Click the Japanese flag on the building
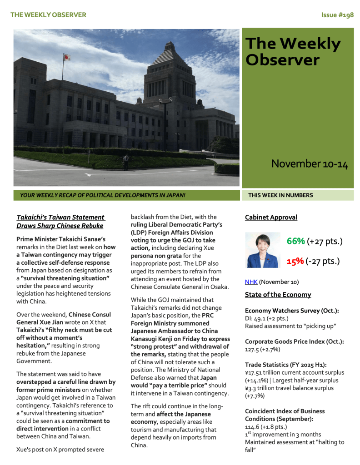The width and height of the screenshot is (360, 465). point(67,57)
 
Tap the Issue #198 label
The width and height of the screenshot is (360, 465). point(337,15)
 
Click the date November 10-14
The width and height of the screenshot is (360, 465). point(310,164)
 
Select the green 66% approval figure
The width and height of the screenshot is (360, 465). point(295,241)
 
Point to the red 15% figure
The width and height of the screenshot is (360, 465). point(295,262)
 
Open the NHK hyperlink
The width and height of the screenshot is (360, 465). point(251,282)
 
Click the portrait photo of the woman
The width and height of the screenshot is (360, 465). point(263,250)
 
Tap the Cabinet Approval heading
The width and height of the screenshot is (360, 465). point(271,218)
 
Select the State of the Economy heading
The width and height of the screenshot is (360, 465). point(278,295)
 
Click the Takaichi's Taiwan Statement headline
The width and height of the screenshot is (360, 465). point(60,222)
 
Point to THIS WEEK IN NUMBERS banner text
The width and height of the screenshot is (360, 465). point(280,195)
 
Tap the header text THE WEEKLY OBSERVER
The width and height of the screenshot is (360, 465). point(48,15)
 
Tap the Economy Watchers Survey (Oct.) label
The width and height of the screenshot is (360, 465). point(292,311)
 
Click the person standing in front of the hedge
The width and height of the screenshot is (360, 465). point(126,161)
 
